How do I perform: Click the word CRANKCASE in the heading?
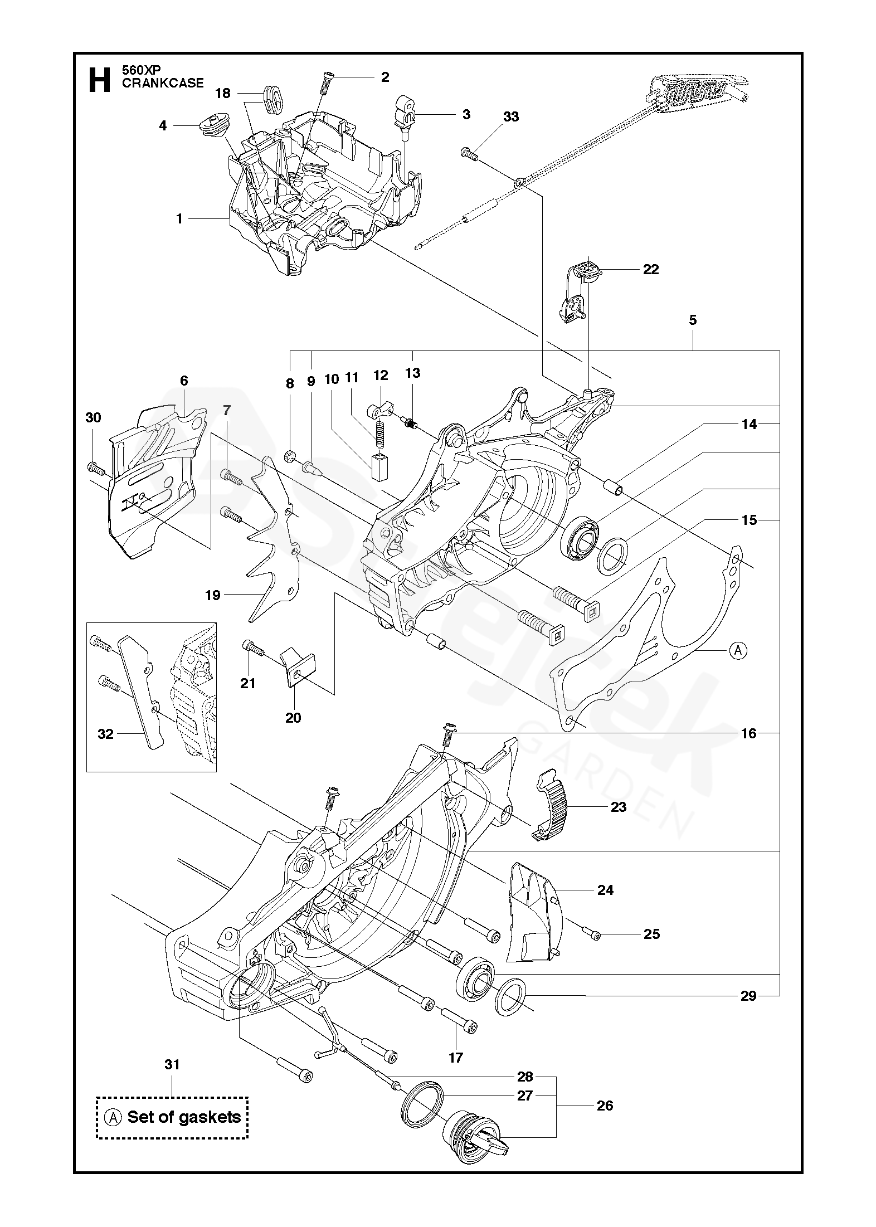click(x=163, y=84)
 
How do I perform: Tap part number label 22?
click(x=651, y=270)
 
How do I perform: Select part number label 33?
click(x=511, y=116)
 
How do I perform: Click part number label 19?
click(x=213, y=595)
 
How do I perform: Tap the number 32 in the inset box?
click(x=105, y=734)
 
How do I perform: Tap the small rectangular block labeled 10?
click(x=379, y=466)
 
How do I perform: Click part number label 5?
click(x=693, y=320)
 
